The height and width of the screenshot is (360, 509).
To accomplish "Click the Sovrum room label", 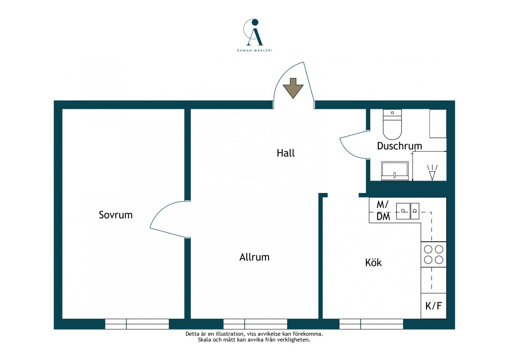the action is (115, 215).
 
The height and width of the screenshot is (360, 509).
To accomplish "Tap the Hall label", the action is (286, 153).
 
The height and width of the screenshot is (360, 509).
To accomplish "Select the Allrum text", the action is (254, 257).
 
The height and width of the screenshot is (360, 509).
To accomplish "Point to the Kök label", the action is (373, 262).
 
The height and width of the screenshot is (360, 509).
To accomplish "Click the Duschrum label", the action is (399, 146).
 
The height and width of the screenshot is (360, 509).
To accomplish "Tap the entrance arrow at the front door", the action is (293, 88).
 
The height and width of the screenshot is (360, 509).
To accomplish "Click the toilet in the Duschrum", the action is (393, 124).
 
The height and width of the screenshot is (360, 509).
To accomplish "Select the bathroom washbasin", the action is (395, 171).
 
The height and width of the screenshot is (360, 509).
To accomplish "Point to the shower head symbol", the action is (432, 173).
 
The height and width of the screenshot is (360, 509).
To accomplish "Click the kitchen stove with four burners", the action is (433, 255).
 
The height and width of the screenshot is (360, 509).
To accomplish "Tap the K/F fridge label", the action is (433, 306).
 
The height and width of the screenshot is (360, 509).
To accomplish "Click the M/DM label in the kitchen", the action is (383, 211).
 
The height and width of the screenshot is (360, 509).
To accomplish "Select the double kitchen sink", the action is (408, 211).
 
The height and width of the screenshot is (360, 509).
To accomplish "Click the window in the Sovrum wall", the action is (137, 324).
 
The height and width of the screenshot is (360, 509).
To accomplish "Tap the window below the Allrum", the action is (255, 324).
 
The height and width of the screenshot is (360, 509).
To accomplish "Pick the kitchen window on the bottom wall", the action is (371, 324).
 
